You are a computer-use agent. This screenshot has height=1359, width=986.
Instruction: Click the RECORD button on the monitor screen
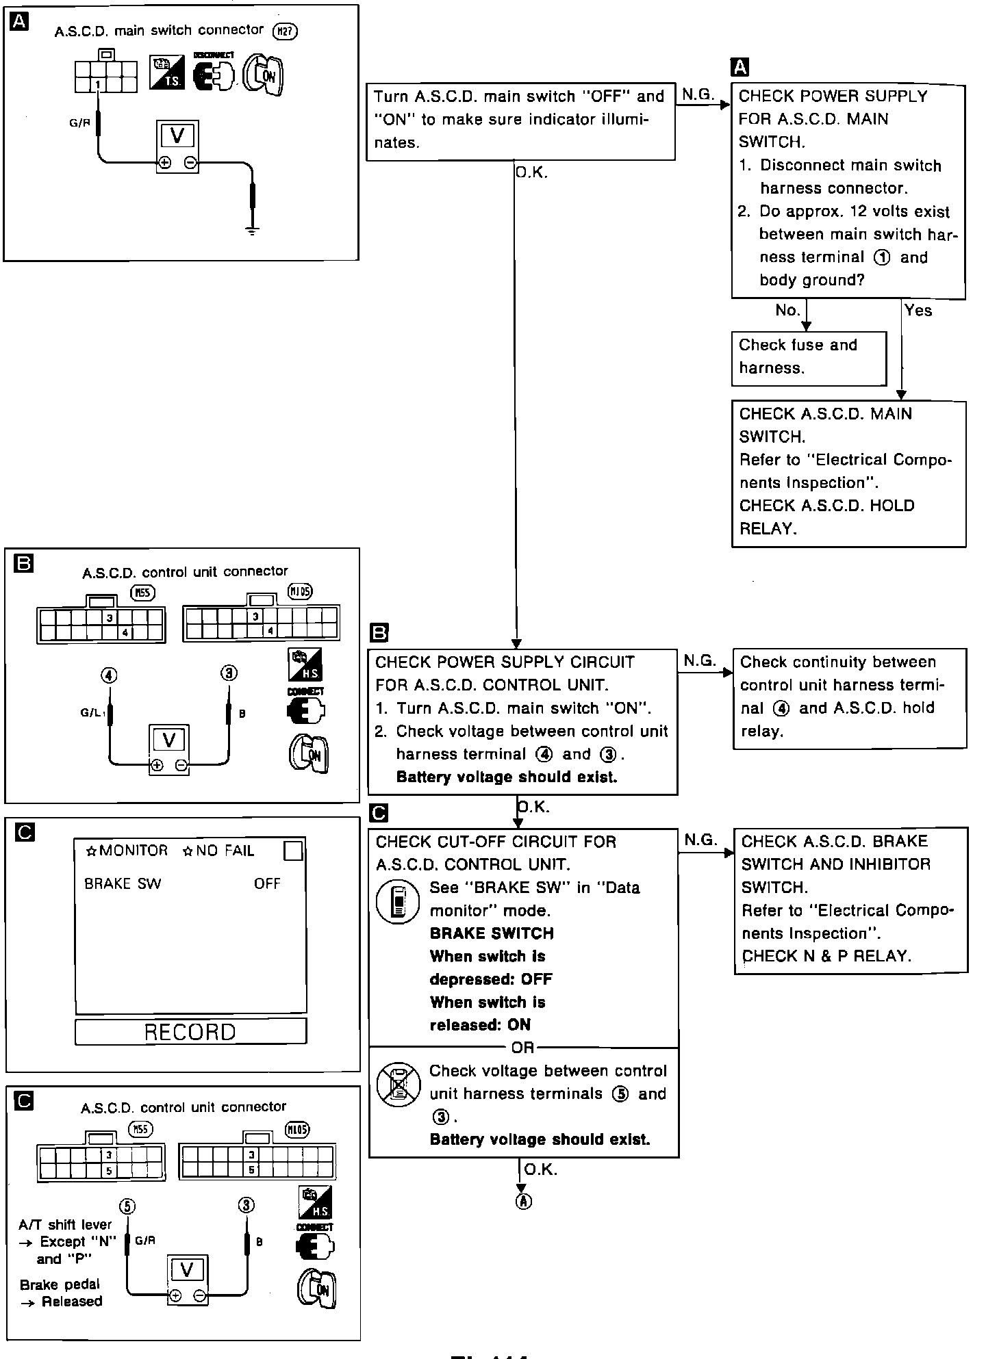(x=190, y=1031)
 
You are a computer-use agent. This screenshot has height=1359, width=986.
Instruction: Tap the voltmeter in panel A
(x=177, y=147)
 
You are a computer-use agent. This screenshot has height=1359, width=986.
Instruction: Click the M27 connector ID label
(x=286, y=31)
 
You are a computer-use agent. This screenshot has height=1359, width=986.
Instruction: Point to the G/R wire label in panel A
(x=79, y=124)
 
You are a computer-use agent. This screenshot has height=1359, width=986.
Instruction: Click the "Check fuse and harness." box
(x=808, y=357)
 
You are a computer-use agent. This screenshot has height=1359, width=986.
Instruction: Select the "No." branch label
(x=787, y=311)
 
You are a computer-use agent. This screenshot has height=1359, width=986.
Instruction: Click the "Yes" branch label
(x=918, y=311)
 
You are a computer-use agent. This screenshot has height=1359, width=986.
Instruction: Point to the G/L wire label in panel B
(x=90, y=713)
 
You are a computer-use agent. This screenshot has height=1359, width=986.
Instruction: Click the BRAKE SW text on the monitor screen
(x=123, y=883)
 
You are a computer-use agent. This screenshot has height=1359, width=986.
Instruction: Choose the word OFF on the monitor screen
(x=267, y=883)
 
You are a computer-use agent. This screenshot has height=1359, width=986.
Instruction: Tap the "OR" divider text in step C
(x=523, y=1048)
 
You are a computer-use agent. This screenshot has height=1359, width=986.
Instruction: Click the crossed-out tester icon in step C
(x=399, y=1085)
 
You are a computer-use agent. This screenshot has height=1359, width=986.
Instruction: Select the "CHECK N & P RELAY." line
(x=826, y=956)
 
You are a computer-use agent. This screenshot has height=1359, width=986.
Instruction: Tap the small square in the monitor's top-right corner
(x=293, y=851)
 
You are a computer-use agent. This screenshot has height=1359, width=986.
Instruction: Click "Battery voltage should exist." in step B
(x=507, y=777)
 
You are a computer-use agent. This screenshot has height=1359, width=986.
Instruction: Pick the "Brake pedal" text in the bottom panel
(x=60, y=1284)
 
